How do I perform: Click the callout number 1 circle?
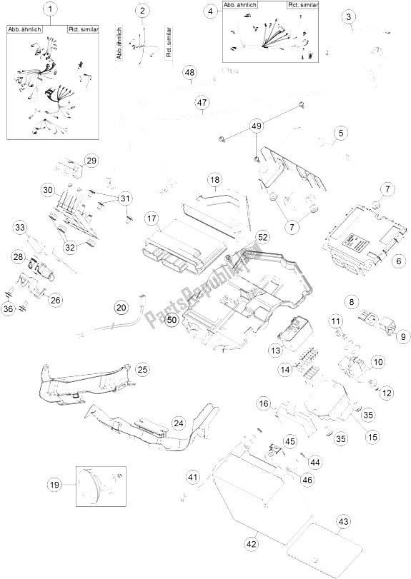tap(49, 10)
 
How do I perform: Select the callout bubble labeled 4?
tap(209, 11)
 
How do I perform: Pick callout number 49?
tap(256, 126)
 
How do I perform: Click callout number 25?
tap(142, 369)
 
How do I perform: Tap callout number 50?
tap(171, 321)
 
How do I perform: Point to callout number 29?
tap(91, 160)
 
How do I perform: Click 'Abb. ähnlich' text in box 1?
tap(23, 30)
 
